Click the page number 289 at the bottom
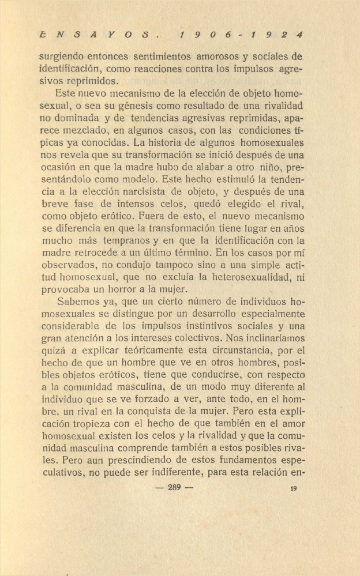(174, 488)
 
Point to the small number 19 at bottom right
(294, 488)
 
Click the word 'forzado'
(157, 398)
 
